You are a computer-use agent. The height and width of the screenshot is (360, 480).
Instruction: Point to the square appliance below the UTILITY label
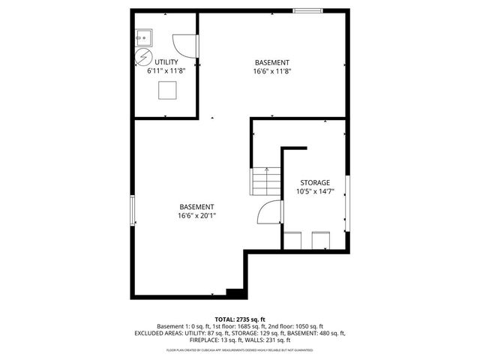[167, 90]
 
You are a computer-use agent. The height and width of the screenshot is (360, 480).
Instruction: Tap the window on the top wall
[308, 10]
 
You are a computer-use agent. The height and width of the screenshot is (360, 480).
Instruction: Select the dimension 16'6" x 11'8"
[271, 71]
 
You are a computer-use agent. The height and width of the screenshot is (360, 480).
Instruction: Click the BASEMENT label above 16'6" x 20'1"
[196, 207]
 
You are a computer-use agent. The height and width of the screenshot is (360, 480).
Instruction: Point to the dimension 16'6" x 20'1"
[196, 216]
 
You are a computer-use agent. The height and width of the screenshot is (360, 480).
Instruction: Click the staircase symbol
[261, 182]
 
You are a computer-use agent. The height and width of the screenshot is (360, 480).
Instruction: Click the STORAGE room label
[315, 182]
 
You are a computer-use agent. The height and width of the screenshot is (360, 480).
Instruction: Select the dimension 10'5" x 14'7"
[315, 191]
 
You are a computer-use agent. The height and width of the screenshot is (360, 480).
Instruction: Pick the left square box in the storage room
[293, 241]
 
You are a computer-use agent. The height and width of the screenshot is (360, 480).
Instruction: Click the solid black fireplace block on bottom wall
[235, 293]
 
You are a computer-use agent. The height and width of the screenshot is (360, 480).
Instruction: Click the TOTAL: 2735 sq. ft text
[239, 319]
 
